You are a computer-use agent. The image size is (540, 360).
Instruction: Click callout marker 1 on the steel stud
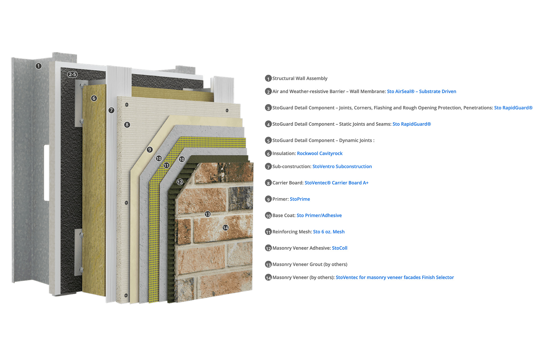coord(39,66)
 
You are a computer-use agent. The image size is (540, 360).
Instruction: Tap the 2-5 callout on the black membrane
coord(72,74)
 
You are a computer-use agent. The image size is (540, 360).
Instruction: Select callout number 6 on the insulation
coord(94,98)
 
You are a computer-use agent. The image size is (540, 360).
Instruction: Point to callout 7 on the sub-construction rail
coord(111,110)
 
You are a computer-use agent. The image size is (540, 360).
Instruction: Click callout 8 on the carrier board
coord(127,124)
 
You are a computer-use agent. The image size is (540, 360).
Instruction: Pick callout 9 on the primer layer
coord(150,150)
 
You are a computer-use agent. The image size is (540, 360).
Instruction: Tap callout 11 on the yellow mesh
coord(166,165)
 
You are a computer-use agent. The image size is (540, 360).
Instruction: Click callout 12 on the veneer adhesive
coord(180,182)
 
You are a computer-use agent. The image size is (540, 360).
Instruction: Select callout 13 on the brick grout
coord(208,214)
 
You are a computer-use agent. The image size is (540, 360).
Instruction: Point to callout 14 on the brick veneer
coord(226,228)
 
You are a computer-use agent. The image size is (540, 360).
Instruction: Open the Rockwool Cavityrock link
coord(320,153)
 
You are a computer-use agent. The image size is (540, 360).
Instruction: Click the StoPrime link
coord(300,199)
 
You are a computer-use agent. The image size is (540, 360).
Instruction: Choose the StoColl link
coord(339,248)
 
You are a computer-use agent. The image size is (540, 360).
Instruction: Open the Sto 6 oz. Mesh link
coord(329,232)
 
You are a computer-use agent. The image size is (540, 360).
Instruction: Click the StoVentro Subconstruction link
coord(342,166)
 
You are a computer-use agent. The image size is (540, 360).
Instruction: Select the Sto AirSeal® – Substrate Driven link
coord(422,91)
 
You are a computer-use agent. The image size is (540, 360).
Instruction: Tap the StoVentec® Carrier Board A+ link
coord(336,183)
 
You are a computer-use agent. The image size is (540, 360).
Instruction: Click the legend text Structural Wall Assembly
coord(300,78)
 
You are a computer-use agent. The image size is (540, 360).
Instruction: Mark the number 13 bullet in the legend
coord(268,264)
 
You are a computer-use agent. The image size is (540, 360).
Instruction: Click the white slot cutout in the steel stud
coord(46,173)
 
